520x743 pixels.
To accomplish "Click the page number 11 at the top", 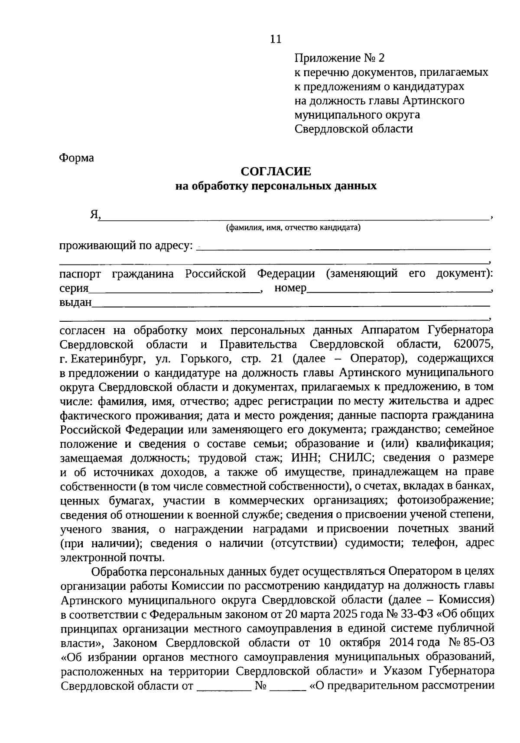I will pyautogui.click(x=276, y=39).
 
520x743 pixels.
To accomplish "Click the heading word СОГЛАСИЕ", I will pyautogui.click(x=276, y=172).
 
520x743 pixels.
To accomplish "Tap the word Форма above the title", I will pyautogui.click(x=76, y=158).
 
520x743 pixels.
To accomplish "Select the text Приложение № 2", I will pyautogui.click(x=339, y=58).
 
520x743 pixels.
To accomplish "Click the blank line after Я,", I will pyautogui.click(x=295, y=216).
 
